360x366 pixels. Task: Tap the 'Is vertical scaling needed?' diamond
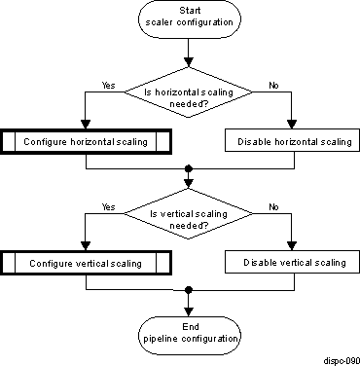click(x=189, y=221)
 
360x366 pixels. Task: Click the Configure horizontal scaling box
click(x=87, y=142)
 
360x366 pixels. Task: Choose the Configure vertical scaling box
click(x=87, y=263)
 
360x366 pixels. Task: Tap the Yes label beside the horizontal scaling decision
click(x=108, y=86)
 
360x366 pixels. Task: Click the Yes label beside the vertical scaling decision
click(x=108, y=207)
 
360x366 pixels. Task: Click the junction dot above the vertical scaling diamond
click(x=189, y=168)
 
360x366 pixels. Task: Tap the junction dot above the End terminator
click(x=189, y=289)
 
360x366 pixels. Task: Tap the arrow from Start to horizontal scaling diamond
click(x=189, y=54)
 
